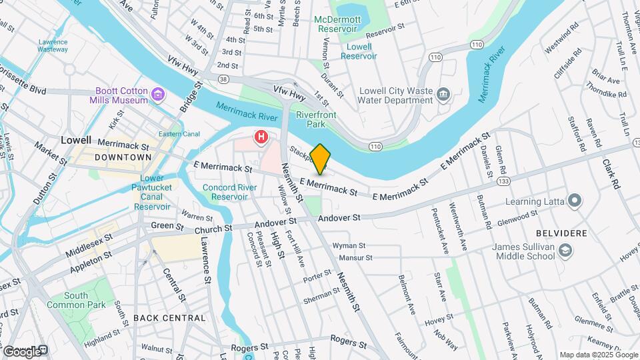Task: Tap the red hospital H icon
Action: tap(261, 138)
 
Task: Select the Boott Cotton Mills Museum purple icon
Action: tap(158, 95)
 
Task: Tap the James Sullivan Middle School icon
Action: tap(565, 251)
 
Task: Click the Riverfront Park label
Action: tap(316, 119)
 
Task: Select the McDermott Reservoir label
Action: tap(336, 25)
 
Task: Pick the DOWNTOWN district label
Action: tap(123, 157)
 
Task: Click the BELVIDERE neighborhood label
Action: tap(561, 233)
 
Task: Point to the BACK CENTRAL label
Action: tap(169, 318)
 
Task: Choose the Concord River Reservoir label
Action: tap(229, 192)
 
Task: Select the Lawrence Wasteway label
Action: tap(53, 45)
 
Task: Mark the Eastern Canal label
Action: tap(179, 134)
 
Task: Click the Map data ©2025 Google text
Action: tap(597, 355)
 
